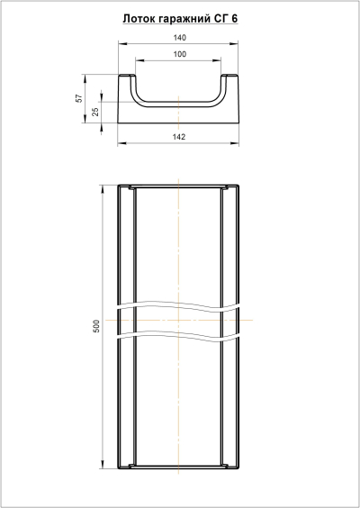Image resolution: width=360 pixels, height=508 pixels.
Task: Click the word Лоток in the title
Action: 139,19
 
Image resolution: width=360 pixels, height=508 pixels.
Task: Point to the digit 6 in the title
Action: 235,19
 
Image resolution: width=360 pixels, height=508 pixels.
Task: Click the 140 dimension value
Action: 180,38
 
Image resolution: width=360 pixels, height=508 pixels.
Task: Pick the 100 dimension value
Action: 180,54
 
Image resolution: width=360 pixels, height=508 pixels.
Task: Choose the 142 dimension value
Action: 179,137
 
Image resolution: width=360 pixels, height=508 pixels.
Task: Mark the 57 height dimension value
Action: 79,98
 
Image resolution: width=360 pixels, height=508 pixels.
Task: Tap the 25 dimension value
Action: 95,112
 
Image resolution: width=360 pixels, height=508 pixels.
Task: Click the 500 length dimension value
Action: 97,326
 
